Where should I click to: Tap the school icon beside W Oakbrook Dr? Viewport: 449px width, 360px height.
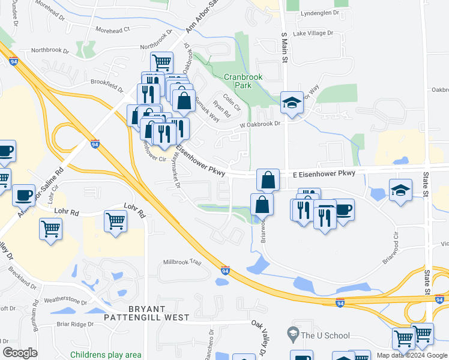(292, 103)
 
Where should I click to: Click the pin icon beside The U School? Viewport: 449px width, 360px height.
(292, 332)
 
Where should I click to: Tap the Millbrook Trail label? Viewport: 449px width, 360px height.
(182, 262)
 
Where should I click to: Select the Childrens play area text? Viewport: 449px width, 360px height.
(106, 355)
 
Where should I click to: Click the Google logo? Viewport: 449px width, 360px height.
(20, 353)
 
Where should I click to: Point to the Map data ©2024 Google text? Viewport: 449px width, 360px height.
(411, 355)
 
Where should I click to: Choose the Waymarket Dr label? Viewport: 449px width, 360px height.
(175, 170)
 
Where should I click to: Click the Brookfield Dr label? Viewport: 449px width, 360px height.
(106, 84)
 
